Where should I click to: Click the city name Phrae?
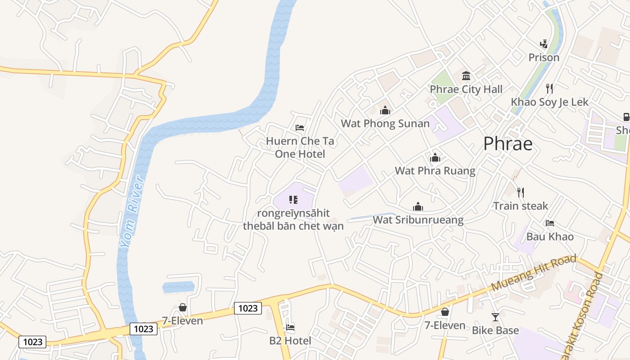[508, 144]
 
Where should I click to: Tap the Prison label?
[544, 58]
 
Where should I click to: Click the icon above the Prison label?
[544, 44]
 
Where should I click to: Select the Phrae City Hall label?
[466, 89]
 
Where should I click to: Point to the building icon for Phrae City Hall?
[466, 75]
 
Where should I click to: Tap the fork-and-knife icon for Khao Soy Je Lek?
[549, 88]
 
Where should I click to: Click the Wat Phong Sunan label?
[385, 123]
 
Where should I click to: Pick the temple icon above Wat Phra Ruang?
[435, 157]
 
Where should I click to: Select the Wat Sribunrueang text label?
[418, 220]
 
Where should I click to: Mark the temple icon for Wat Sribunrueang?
[418, 207]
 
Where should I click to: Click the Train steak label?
[521, 206]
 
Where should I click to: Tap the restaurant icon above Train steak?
[521, 193]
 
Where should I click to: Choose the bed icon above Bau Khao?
[549, 223]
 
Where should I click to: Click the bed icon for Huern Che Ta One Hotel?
[300, 128]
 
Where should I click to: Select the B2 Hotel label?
[290, 341]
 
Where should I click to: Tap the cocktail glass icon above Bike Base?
[495, 317]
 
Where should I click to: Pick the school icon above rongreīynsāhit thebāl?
[293, 199]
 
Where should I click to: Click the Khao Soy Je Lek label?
[549, 102]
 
